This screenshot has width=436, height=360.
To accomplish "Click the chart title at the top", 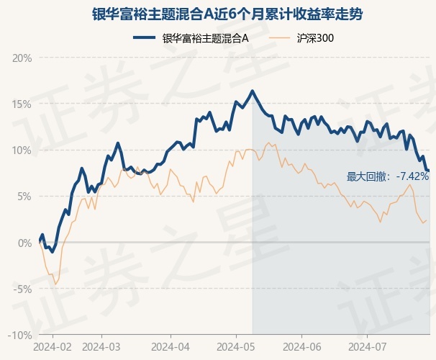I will [217, 14].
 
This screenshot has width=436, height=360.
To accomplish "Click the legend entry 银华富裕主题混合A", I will [205, 38].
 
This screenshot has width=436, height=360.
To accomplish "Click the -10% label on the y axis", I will [22, 335].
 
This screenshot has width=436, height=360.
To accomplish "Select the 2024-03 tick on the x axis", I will [101, 346].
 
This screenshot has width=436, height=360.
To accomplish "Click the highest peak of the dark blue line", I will [252, 91].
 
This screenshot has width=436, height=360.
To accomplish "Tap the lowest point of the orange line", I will [55, 284].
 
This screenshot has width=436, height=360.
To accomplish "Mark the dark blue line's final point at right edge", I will [429, 171].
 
